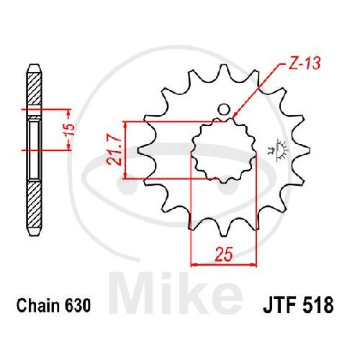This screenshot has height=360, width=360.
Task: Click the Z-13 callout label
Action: pos(305,63)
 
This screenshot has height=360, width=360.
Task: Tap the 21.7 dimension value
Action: pos(114,150)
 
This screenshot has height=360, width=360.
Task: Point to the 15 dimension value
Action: pos(71,130)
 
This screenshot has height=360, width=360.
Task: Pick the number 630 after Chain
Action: pos(78,305)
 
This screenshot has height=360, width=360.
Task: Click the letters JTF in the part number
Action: pos(280,305)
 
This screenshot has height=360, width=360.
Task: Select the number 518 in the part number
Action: pos(318,305)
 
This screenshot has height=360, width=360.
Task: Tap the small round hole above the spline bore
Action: pos(224,109)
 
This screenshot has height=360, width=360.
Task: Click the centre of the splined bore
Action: pos(224,150)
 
